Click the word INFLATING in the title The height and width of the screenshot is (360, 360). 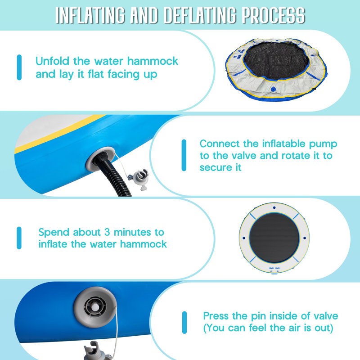point(90,15)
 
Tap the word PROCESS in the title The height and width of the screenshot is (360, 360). point(274,15)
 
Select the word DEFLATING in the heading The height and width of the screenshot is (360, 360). point(200,15)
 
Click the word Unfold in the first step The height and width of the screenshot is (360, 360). point(52,61)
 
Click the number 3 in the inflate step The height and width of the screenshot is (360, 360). point(107,232)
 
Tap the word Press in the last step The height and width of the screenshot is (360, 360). point(216,316)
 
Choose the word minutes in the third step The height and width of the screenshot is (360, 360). point(132,232)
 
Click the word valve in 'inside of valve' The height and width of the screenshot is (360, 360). point(325,316)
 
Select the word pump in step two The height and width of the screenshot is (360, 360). point(323,144)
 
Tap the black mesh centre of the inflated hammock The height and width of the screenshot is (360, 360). point(274,238)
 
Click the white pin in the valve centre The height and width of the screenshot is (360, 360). point(95,307)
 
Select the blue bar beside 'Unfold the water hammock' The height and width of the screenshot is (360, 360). point(19,67)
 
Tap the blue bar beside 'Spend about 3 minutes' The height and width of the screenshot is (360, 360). point(19,238)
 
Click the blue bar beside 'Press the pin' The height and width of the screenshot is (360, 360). point(184,322)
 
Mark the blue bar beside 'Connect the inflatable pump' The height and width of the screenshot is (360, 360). point(184,155)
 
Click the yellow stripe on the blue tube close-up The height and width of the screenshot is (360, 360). point(58,134)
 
